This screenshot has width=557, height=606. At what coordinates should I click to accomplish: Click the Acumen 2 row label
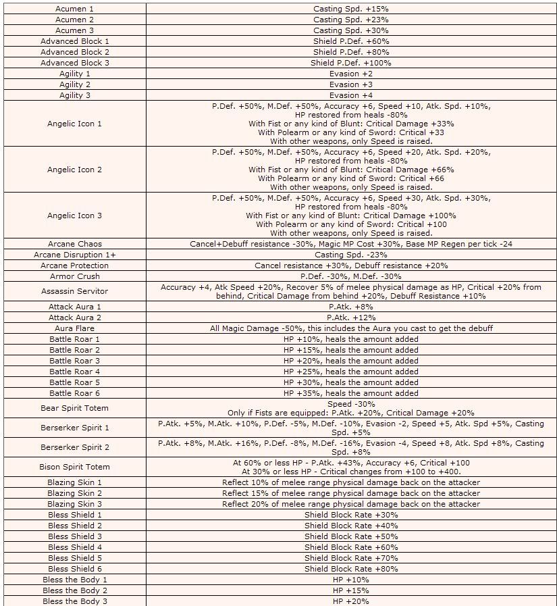[x=74, y=20]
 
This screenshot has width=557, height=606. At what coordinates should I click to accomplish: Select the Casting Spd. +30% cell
[x=350, y=30]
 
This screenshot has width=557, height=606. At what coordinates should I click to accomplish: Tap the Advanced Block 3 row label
[x=74, y=63]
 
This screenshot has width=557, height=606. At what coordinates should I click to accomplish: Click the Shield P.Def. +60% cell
[x=350, y=41]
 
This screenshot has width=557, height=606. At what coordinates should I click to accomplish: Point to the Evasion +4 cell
[x=350, y=95]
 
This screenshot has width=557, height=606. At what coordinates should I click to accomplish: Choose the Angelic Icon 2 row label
[x=74, y=170]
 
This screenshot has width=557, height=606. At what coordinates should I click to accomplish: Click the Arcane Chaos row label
[x=74, y=244]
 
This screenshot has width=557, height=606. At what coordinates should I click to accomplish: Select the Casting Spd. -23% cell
[x=350, y=255]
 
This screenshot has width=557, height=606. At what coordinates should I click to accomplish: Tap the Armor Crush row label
[x=74, y=276]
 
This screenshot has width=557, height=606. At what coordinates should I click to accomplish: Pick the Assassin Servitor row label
[x=74, y=291]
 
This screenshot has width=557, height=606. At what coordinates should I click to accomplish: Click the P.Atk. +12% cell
[x=350, y=318]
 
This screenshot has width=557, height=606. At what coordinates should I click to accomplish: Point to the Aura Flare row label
[x=74, y=328]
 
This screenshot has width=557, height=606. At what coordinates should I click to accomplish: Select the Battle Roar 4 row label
[x=74, y=372]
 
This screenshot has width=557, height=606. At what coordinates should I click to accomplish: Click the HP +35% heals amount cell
[x=350, y=393]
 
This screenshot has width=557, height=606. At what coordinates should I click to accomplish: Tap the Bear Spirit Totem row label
[x=74, y=408]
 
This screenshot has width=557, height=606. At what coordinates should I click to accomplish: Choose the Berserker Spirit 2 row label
[x=74, y=447]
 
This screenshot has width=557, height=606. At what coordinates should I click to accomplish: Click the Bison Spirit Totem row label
[x=74, y=467]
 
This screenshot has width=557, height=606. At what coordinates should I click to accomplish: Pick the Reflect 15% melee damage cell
[x=350, y=493]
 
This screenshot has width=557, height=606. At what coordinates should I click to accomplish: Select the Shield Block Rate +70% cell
[x=350, y=558]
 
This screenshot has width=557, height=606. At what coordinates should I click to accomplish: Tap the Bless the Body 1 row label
[x=74, y=580]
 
